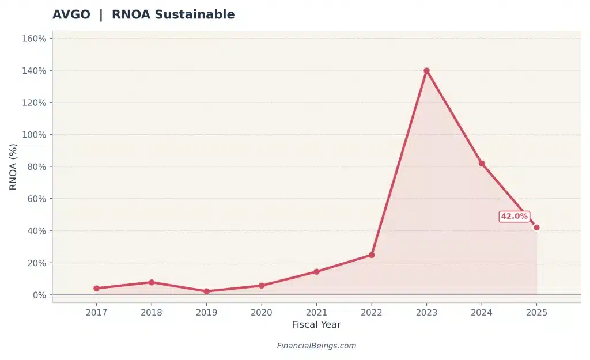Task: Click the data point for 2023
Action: click(x=426, y=71)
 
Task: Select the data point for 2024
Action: click(x=482, y=164)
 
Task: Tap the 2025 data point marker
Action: click(x=536, y=228)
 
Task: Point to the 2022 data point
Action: click(x=372, y=255)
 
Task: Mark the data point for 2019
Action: click(x=206, y=291)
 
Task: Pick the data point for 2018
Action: click(x=152, y=282)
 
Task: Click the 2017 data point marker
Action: click(x=96, y=289)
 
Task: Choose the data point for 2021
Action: click(x=316, y=271)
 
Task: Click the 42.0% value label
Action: click(x=514, y=217)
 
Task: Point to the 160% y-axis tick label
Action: click(x=33, y=39)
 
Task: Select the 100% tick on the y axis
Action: click(x=33, y=135)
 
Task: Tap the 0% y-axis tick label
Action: click(x=39, y=295)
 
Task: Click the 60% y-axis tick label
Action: click(x=36, y=199)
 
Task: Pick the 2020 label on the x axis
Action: click(x=261, y=312)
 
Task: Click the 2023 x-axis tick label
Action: click(x=426, y=312)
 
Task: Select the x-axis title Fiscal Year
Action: click(x=316, y=325)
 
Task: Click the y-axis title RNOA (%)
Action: click(x=13, y=166)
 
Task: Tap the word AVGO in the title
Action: click(x=71, y=15)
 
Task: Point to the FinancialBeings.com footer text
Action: click(x=316, y=346)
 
